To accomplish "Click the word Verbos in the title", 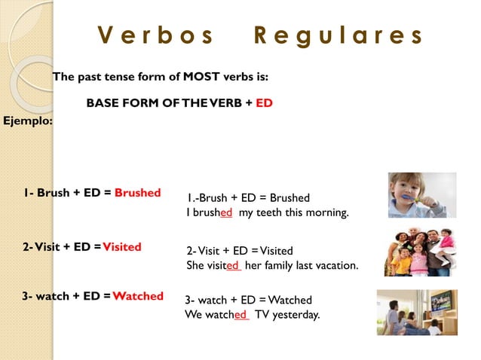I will [156, 36].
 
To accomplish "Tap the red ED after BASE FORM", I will [264, 103].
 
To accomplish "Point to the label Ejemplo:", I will [28, 120].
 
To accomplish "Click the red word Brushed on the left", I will [137, 193].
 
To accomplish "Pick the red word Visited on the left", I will [122, 247].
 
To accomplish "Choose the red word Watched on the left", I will [138, 296].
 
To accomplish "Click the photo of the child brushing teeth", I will [421, 195].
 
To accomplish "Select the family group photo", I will [421, 251].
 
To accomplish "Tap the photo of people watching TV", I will [417, 312].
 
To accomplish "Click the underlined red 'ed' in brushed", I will [226, 213].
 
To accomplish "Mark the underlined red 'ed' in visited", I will [233, 265].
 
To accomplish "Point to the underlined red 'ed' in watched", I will [241, 315].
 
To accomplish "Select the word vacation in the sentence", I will [334, 265].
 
